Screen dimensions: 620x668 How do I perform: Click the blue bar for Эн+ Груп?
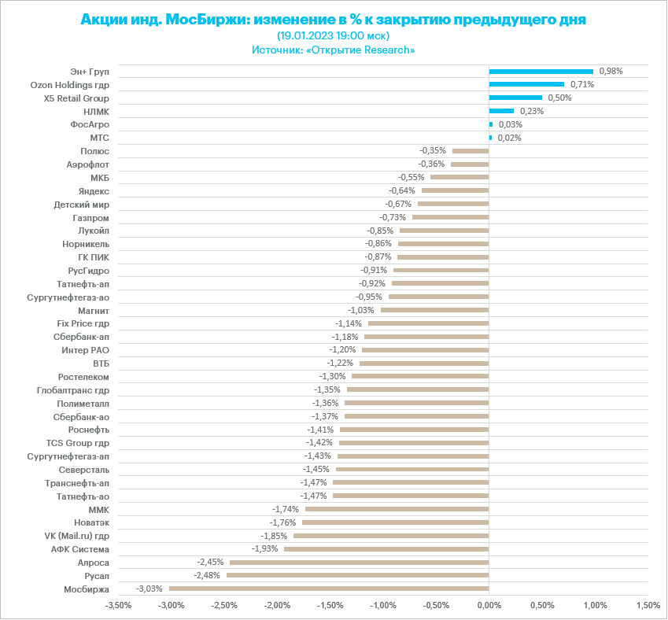pyautogui.click(x=541, y=71)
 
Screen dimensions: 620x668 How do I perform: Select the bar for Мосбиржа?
pyautogui.click(x=329, y=589)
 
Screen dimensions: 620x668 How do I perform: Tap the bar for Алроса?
pyautogui.click(x=359, y=563)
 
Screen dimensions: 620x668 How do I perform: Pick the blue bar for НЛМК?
pyautogui.click(x=501, y=111)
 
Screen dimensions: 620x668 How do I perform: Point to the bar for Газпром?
pyautogui.click(x=450, y=217)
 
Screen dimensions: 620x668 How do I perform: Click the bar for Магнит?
pyautogui.click(x=434, y=310)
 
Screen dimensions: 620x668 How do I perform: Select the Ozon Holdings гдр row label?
pyautogui.click(x=69, y=84)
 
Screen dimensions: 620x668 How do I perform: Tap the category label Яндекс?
pyautogui.click(x=94, y=190)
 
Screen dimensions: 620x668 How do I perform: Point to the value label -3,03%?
pyautogui.click(x=149, y=589)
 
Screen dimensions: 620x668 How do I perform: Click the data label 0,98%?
pyautogui.click(x=611, y=71)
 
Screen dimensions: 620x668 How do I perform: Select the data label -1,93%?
pyautogui.click(x=265, y=548)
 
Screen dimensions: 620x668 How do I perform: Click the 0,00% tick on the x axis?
pyautogui.click(x=489, y=606)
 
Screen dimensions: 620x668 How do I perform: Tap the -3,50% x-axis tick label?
pyautogui.click(x=118, y=606)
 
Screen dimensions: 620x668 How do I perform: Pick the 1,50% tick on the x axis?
pyautogui.click(x=648, y=606)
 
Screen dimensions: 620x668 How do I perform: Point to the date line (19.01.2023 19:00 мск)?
pyautogui.click(x=334, y=35)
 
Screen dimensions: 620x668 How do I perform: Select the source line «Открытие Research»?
pyautogui.click(x=334, y=50)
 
